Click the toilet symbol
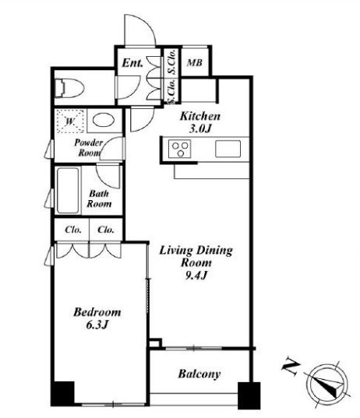coord(69,88)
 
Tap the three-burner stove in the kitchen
coord(180,149)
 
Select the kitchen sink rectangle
coord(228,149)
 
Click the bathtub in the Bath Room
coord(68,191)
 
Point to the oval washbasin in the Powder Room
coord(104,120)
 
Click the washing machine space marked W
coord(70,121)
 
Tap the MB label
coord(195,63)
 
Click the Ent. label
coord(132,63)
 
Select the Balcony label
coord(199,374)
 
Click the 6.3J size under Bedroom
coord(97,325)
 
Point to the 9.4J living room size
coord(196,276)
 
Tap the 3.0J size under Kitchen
coord(200,129)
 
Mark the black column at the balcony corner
coord(249,395)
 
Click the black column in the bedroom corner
coord(62,394)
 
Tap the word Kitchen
coord(200,116)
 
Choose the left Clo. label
coord(72,230)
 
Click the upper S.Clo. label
coord(172,61)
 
